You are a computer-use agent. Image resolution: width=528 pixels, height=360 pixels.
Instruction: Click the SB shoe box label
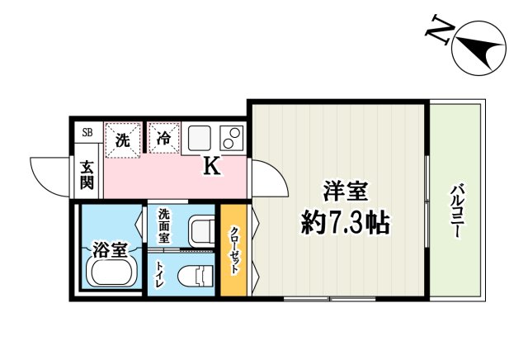(x=87, y=132)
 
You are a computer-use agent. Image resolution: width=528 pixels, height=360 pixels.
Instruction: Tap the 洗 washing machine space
(x=122, y=138)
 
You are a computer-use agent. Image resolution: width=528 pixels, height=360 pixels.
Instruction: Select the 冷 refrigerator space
(x=163, y=138)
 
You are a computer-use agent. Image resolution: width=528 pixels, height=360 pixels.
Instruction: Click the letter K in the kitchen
(x=212, y=167)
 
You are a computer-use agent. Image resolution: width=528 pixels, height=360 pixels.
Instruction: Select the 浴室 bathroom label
(x=109, y=247)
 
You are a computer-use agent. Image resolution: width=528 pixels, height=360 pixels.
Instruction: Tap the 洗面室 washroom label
(x=165, y=226)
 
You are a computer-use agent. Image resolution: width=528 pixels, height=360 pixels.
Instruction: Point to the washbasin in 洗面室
(x=200, y=230)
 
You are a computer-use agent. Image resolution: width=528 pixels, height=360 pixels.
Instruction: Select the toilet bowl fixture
(x=197, y=275)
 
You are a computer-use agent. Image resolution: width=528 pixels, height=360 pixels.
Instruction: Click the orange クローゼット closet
(x=233, y=251)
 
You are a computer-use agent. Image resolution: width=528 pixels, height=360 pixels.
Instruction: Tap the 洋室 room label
(x=344, y=192)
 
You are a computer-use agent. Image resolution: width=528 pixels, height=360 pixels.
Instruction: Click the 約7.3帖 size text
(x=344, y=221)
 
